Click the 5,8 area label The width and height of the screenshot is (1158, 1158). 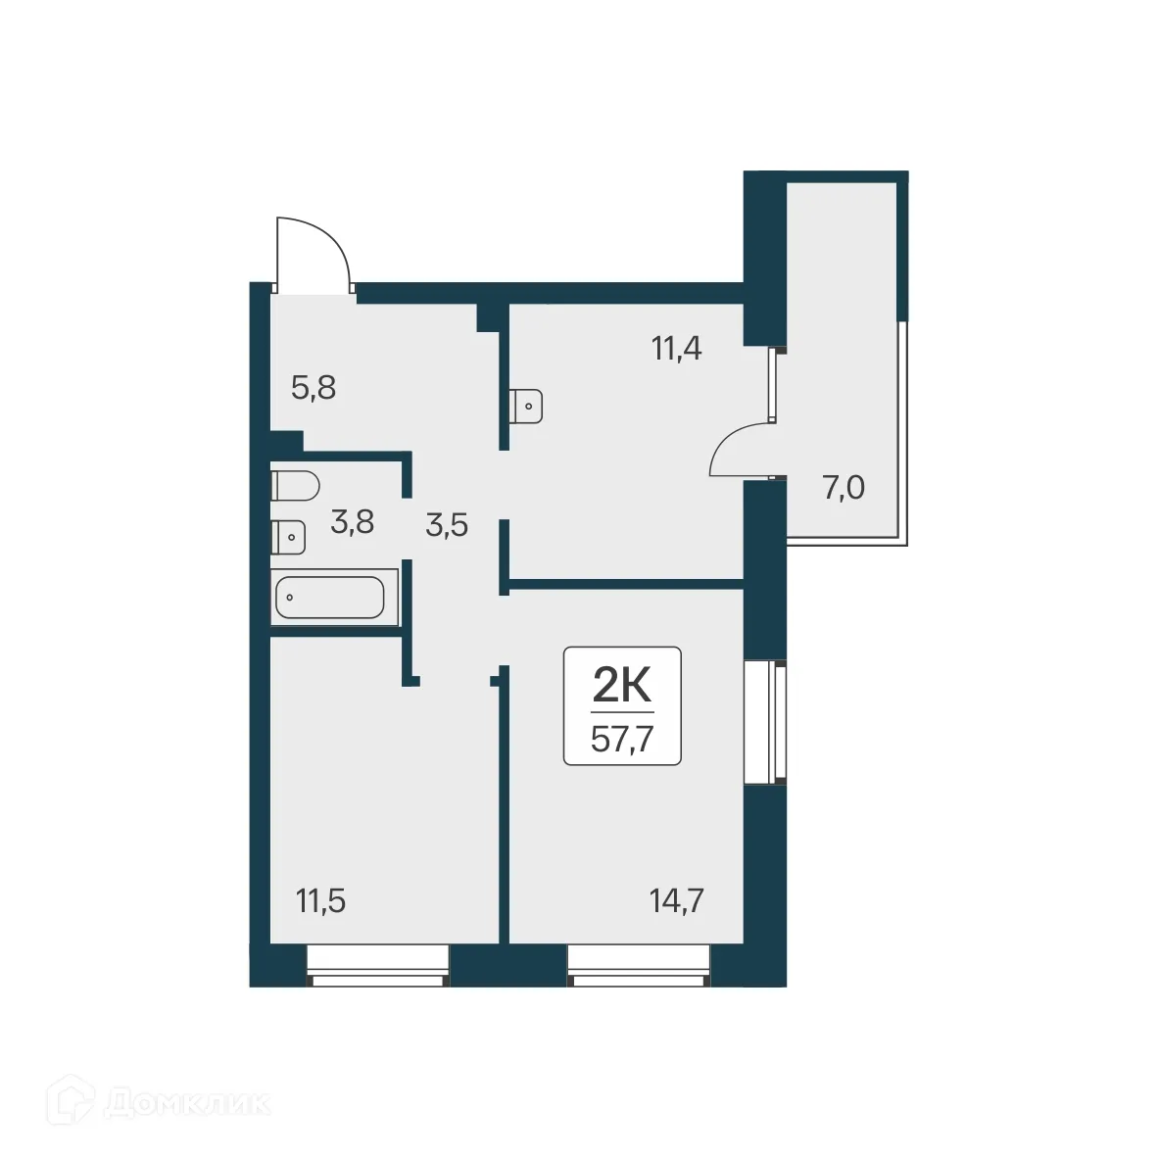pyautogui.click(x=314, y=389)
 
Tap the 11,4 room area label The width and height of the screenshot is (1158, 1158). pyautogui.click(x=677, y=348)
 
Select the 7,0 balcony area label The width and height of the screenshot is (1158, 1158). pyautogui.click(x=843, y=488)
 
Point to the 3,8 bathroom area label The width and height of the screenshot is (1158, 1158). pyautogui.click(x=352, y=522)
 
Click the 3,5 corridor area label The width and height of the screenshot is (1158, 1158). pyautogui.click(x=447, y=526)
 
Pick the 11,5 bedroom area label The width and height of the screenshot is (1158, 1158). pyautogui.click(x=320, y=900)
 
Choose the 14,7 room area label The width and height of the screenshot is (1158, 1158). pyautogui.click(x=677, y=900)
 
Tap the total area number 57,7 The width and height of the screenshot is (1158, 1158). pyautogui.click(x=622, y=738)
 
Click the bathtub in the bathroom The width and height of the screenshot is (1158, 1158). pyautogui.click(x=330, y=597)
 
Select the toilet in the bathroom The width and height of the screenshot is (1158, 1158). pyautogui.click(x=295, y=485)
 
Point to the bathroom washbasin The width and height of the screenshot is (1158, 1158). pyautogui.click(x=289, y=537)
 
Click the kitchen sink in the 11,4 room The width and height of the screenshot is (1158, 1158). pyautogui.click(x=527, y=406)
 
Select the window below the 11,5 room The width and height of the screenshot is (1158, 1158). pyautogui.click(x=378, y=965)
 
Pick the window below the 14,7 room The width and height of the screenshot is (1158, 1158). pyautogui.click(x=639, y=965)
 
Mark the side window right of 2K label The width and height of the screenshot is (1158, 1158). pyautogui.click(x=766, y=723)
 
